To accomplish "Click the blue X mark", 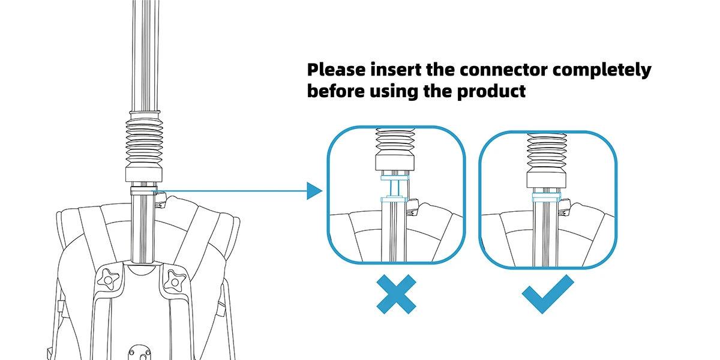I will click(396, 293).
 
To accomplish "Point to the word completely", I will click(602, 70).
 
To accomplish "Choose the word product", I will click(494, 92).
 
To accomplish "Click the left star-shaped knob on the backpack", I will click(108, 278).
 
